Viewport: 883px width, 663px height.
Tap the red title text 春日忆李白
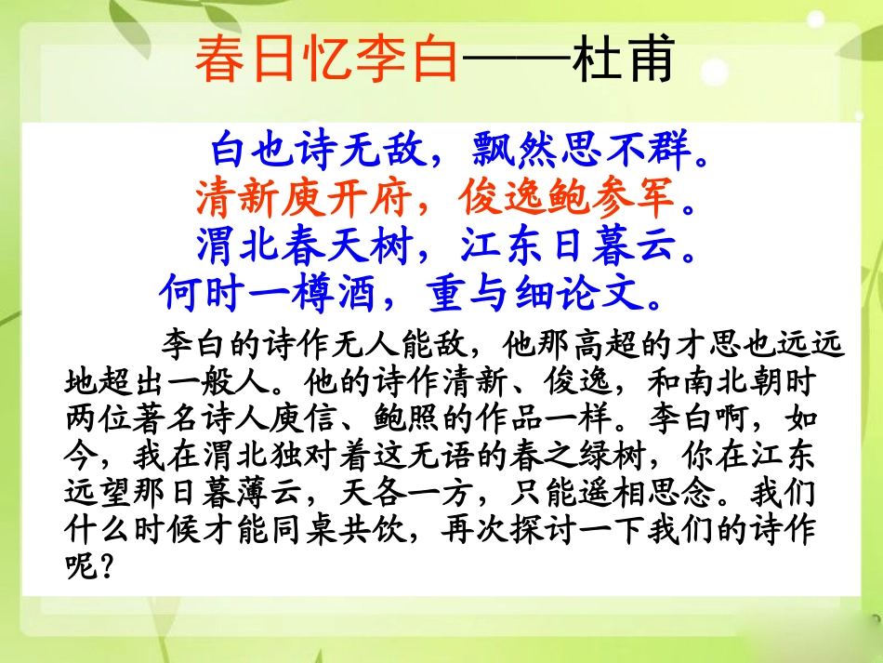click(327, 61)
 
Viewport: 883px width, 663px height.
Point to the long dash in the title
click(517, 61)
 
